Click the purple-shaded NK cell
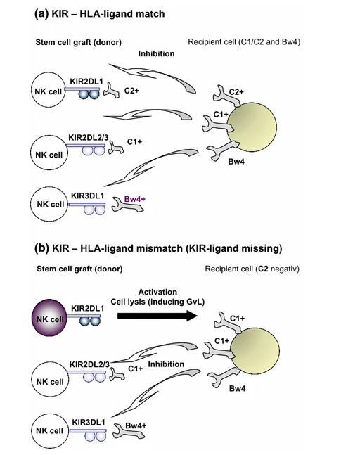[x=49, y=318]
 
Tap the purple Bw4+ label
[x=134, y=199]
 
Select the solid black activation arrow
[x=157, y=316]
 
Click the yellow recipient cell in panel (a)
[x=252, y=126]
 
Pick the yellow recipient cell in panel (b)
[x=255, y=350]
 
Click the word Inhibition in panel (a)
[x=156, y=53]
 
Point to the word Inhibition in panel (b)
[x=166, y=364]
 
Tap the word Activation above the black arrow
[x=157, y=292]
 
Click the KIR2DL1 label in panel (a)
[x=86, y=82]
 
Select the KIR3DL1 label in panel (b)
[x=89, y=422]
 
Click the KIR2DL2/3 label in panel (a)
[x=88, y=137]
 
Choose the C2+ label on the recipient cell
[x=236, y=92]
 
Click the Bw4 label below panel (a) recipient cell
[x=236, y=162]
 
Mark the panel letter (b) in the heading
[x=41, y=248]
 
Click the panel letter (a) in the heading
[x=41, y=13]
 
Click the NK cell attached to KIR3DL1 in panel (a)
[x=49, y=204]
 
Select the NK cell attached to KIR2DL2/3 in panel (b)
[x=50, y=379]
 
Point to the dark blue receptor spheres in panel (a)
[x=89, y=95]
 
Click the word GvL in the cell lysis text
[x=195, y=302]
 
